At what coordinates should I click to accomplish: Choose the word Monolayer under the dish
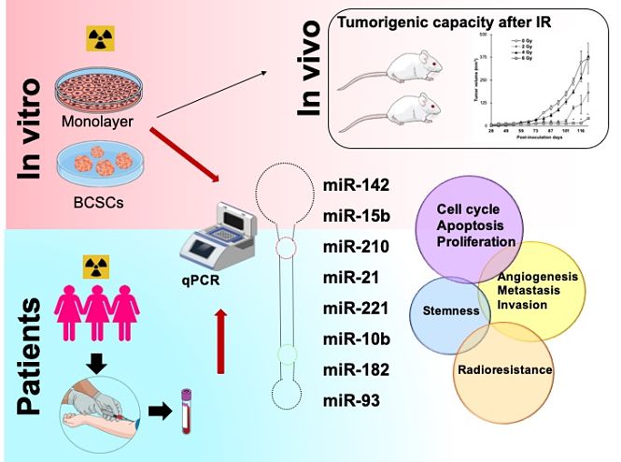(x=96, y=122)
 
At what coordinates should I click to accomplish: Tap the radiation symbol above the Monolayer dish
(x=97, y=38)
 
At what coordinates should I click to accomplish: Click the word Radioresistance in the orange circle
(x=505, y=370)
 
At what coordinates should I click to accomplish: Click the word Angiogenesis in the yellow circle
(x=538, y=277)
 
